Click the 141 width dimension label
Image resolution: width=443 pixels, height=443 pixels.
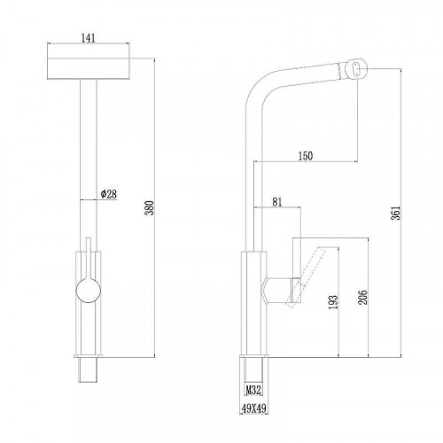click(88, 38)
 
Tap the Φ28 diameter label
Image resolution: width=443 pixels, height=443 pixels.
click(109, 194)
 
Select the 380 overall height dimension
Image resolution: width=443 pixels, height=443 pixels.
click(150, 208)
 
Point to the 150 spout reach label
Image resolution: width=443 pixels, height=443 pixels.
click(306, 156)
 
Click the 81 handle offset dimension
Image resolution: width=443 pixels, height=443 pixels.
click(277, 202)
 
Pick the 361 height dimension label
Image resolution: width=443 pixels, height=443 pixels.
click(395, 213)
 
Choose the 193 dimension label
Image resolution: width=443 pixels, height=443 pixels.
click(333, 302)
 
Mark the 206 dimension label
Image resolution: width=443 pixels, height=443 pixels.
click(363, 298)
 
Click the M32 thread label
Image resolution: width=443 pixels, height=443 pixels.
click(253, 390)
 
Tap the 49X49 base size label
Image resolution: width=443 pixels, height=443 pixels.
click(254, 408)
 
